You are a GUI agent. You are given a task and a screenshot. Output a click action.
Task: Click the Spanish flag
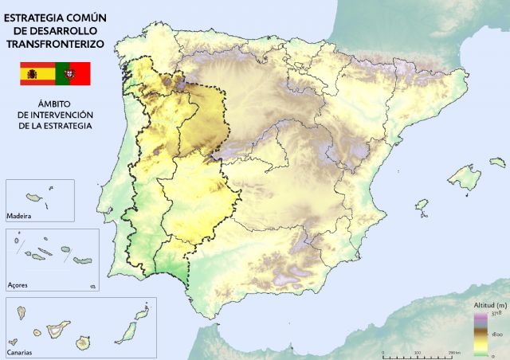(37, 73)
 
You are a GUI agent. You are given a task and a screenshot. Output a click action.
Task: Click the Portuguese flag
(73, 73)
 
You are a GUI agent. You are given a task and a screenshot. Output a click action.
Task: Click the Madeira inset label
(19, 216)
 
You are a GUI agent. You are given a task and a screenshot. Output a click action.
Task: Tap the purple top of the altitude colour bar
(480, 316)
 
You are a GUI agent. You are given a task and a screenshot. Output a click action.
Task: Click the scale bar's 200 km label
(454, 352)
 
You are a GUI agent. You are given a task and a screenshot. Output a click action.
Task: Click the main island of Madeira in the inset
(34, 197)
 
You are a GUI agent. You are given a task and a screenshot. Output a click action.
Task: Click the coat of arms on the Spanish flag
(33, 73)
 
